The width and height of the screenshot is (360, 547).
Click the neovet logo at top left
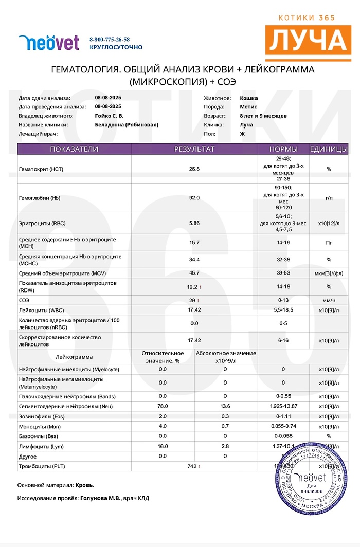point(49,43)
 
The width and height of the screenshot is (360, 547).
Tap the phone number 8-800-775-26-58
point(110,39)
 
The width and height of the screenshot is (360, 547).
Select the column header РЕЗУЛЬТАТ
point(194,149)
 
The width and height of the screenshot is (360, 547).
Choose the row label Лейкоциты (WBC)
point(43,311)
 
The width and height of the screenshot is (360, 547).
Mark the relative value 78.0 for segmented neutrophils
point(163,406)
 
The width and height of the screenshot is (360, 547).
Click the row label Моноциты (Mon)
point(40,427)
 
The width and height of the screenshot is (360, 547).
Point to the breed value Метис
point(249,107)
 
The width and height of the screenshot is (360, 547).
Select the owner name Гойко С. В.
point(109,116)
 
